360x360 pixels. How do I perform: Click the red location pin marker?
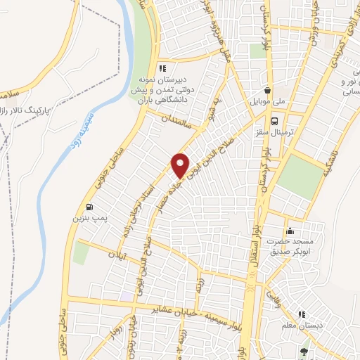pyautogui.click(x=181, y=166)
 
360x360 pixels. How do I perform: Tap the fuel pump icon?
pyautogui.click(x=89, y=207)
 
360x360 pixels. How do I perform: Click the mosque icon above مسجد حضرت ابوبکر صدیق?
pyautogui.click(x=289, y=231)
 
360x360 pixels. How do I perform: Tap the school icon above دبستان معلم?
pyautogui.click(x=302, y=315)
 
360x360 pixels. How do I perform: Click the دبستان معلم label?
pyautogui.click(x=302, y=327)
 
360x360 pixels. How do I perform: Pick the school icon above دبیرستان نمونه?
pyautogui.click(x=162, y=68)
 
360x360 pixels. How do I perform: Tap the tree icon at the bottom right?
pyautogui.click(x=303, y=352)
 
